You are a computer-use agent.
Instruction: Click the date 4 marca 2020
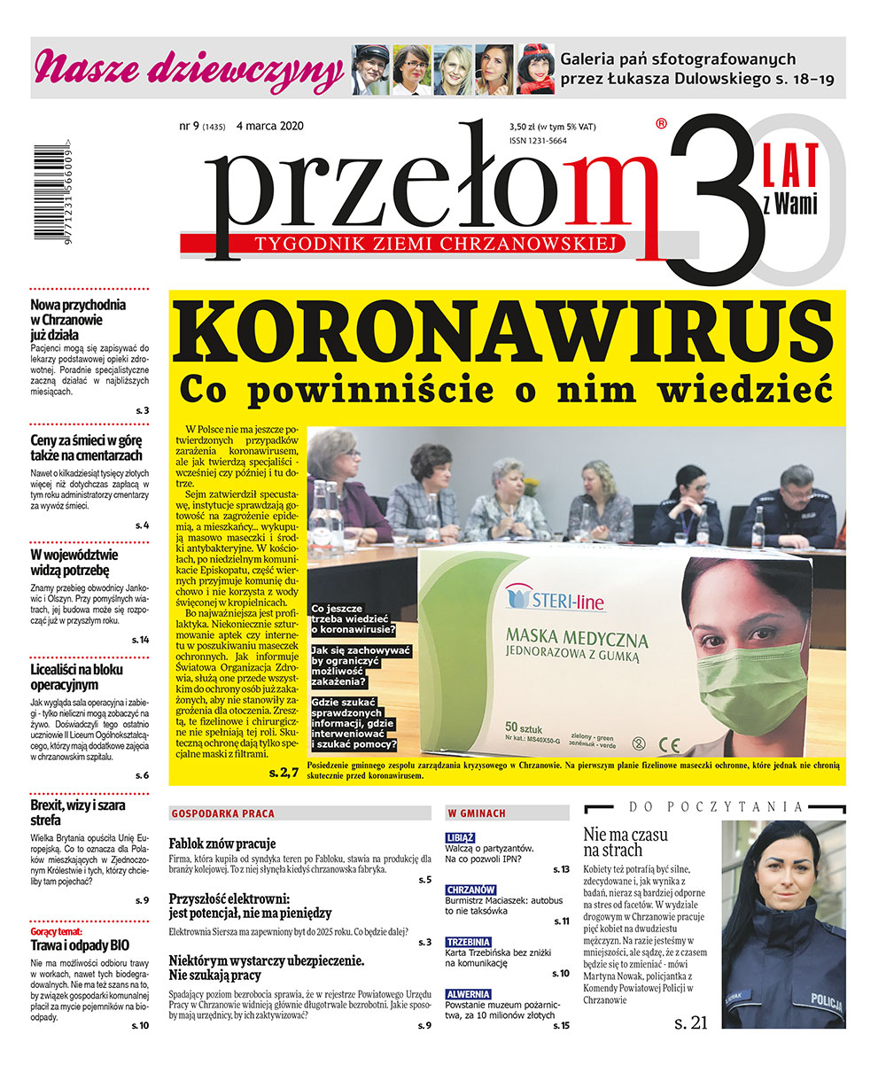coord(270,126)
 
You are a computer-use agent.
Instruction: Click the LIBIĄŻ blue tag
coord(461,836)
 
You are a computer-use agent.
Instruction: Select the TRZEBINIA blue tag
coord(469,942)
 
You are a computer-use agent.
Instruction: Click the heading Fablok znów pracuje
coord(222,843)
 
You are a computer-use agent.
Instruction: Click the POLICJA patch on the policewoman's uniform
coord(826,997)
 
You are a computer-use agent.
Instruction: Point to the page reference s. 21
coord(690,1022)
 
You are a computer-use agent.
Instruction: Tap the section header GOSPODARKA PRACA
coord(222,813)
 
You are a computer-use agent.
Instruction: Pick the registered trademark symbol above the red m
coord(661,125)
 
